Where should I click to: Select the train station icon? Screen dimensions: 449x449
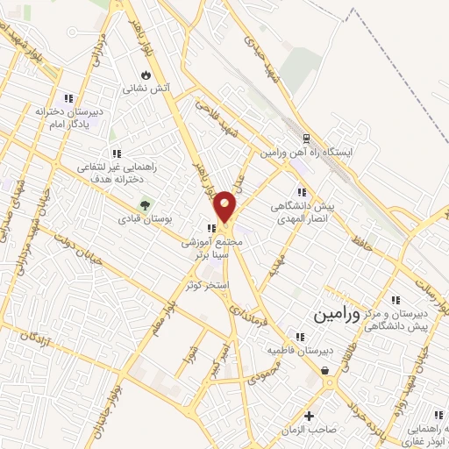coord(306,139)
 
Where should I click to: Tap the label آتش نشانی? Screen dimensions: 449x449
coord(146,89)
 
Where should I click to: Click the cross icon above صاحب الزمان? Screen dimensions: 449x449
coord(309,416)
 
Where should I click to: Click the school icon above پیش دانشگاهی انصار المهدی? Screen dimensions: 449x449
coord(302,192)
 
